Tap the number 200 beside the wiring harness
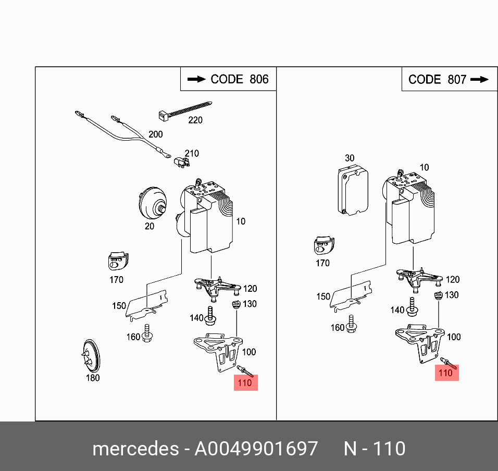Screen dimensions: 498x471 click(155, 134)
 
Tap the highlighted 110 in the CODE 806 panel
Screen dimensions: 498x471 click(244, 383)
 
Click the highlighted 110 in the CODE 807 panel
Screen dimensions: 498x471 click(446, 373)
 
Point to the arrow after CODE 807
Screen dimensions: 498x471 click(479, 79)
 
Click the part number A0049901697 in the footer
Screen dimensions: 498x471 click(256, 449)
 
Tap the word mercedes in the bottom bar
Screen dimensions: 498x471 click(135, 449)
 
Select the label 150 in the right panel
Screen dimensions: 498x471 click(323, 296)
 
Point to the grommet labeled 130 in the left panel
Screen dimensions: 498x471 click(235, 304)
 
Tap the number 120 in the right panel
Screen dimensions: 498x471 click(453, 280)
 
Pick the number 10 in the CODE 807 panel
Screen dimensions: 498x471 click(424, 167)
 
